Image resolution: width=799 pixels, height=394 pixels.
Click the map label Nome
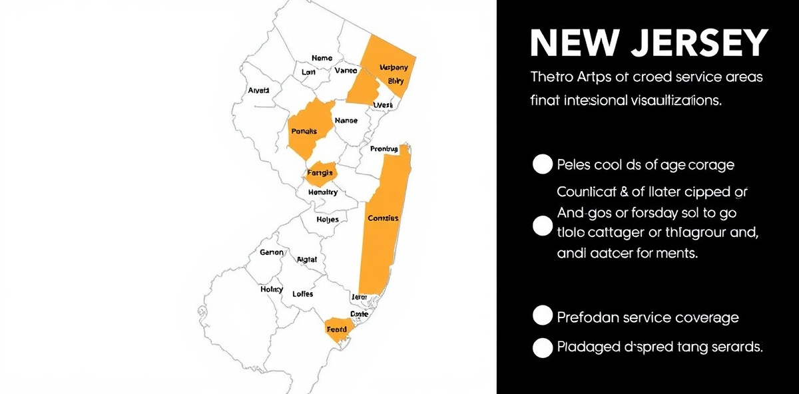tap(322, 59)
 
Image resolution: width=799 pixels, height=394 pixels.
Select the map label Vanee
tap(346, 71)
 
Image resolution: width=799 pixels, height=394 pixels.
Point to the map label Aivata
tap(258, 90)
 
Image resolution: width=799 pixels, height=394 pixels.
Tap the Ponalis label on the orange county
tap(304, 131)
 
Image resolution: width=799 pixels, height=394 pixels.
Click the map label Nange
tap(346, 120)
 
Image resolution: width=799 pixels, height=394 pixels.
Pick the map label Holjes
tap(328, 220)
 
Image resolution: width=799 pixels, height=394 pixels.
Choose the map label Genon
tap(272, 253)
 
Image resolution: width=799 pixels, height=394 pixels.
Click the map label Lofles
tap(303, 294)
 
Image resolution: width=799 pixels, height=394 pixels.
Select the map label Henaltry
tap(323, 192)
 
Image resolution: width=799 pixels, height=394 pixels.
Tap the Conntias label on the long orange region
tap(383, 218)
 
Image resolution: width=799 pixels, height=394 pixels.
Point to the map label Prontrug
tap(384, 148)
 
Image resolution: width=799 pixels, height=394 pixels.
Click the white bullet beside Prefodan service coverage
tap(543, 316)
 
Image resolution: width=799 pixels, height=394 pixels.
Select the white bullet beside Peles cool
tap(543, 164)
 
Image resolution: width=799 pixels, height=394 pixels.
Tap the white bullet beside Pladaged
tap(543, 347)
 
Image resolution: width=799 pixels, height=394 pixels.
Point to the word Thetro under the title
tap(553, 77)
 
